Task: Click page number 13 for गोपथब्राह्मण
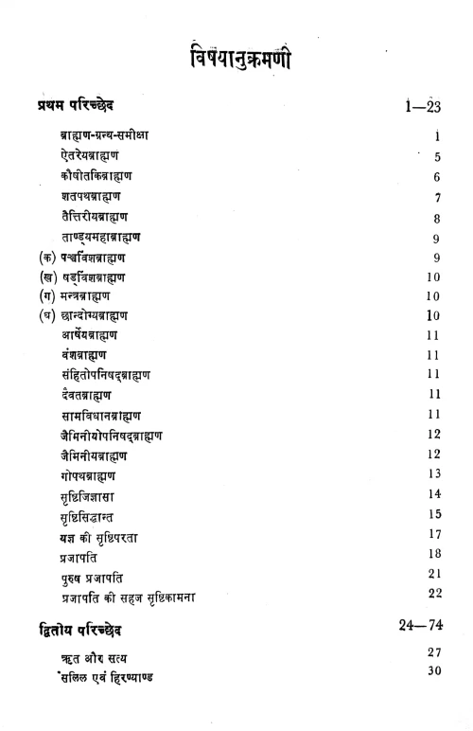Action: tap(434, 473)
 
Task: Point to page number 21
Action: tap(434, 574)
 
